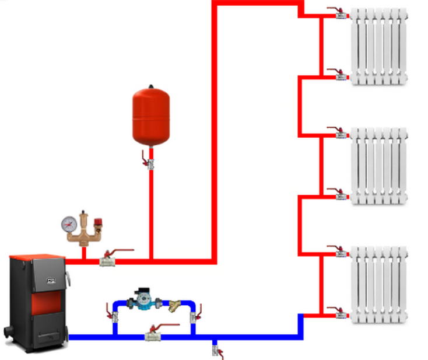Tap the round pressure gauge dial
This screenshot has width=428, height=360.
click(x=70, y=223)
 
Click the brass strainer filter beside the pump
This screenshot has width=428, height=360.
click(x=174, y=305)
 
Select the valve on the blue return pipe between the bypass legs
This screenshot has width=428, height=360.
click(x=153, y=335)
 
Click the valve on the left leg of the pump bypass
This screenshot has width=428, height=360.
click(x=115, y=316)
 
